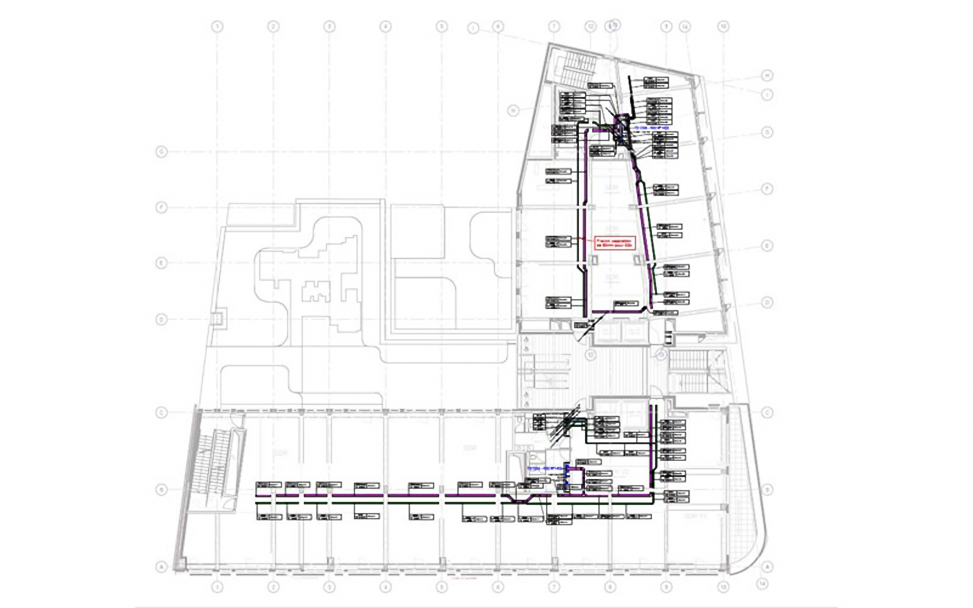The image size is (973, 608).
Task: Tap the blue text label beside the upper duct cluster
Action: coord(650,128)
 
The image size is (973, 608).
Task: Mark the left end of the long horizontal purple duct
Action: coord(257,495)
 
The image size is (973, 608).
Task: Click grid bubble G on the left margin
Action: coord(161,151)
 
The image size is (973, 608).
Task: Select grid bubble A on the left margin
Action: coord(161,567)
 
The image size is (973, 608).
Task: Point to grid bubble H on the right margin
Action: coord(767,76)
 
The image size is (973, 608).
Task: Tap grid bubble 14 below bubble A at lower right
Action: coord(761,584)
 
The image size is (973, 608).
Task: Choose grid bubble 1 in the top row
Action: coord(217,26)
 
